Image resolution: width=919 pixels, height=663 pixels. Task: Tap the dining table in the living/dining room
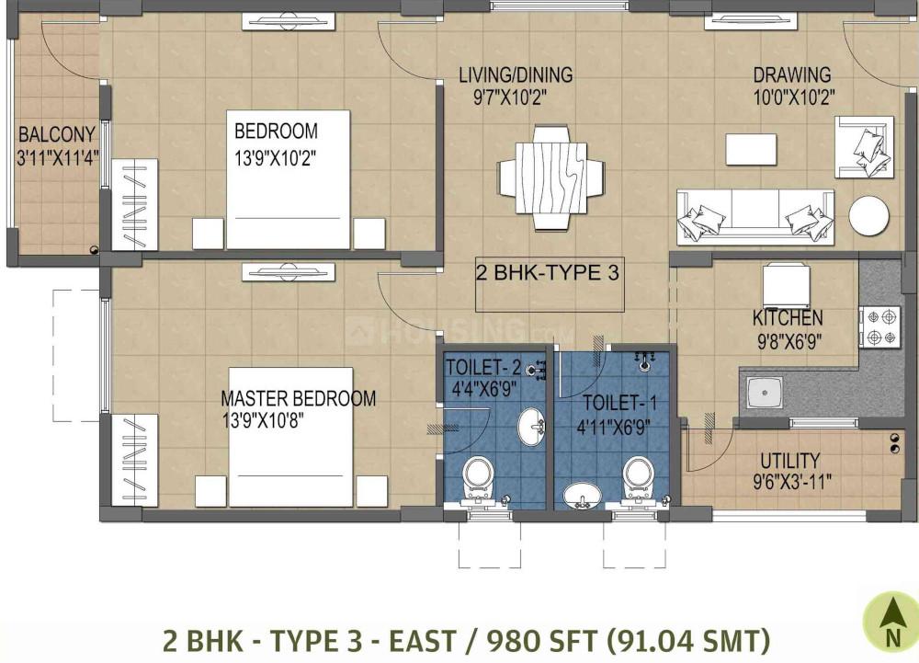tap(550, 178)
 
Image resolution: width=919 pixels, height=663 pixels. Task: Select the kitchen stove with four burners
tap(880, 327)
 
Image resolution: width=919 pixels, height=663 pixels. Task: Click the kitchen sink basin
tap(765, 392)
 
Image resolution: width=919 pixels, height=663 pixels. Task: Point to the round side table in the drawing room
tap(869, 216)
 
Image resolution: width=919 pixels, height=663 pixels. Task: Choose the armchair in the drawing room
tap(865, 147)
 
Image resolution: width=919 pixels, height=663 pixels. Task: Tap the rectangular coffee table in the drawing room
tap(751, 150)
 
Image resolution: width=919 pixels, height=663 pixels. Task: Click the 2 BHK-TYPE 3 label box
tap(550, 284)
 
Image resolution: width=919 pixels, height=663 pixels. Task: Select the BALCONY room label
tap(57, 135)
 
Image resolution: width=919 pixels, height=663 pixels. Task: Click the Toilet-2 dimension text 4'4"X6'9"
tap(483, 390)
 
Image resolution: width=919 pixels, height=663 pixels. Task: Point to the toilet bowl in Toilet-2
tap(479, 479)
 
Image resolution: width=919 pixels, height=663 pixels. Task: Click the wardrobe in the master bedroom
tap(134, 461)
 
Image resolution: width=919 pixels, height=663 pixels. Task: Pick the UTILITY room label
tap(790, 460)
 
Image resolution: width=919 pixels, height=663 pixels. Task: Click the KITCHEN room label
tap(788, 318)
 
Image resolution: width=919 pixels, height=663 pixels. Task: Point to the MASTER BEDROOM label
tap(299, 398)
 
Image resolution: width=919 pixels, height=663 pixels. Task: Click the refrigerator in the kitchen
tap(787, 287)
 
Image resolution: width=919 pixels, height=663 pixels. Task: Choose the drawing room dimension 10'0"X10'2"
tap(794, 97)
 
